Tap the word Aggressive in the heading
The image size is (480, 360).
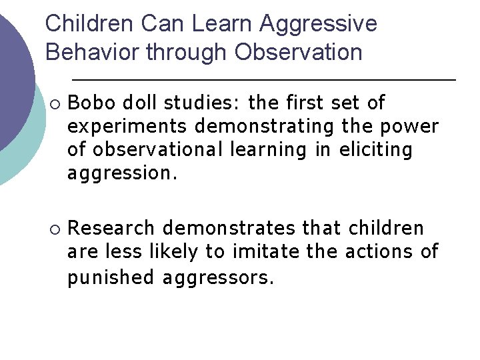click(x=318, y=24)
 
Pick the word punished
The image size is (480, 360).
click(x=111, y=276)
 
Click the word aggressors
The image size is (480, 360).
click(x=217, y=276)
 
